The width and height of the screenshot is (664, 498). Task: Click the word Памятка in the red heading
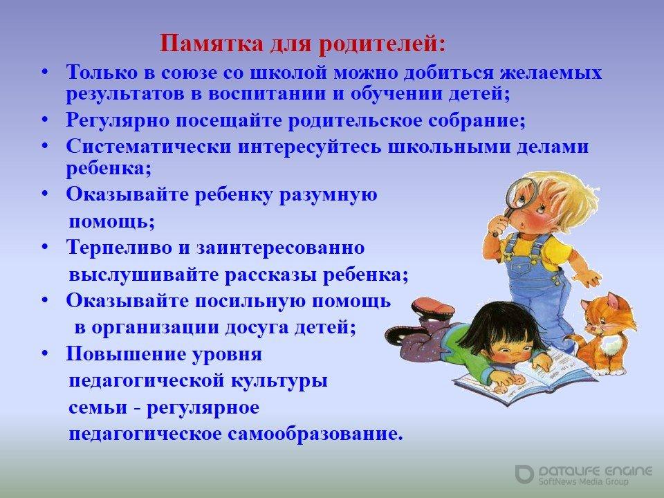[x=212, y=44]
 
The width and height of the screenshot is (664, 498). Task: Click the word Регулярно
[x=118, y=121]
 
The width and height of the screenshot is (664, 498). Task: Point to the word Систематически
[x=149, y=147]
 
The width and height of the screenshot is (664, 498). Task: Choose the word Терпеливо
[x=120, y=248]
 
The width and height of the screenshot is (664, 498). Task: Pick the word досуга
[x=257, y=328]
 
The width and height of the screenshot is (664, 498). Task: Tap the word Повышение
[x=126, y=354]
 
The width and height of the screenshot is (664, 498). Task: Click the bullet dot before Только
[x=46, y=73]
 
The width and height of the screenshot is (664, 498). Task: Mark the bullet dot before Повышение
[x=46, y=353]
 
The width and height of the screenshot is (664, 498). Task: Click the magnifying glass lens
[x=520, y=193]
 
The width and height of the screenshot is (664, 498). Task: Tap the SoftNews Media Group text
[x=583, y=482]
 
